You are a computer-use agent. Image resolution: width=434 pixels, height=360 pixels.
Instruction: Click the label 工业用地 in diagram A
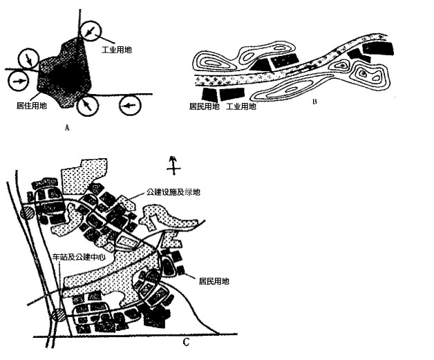(x=117, y=50)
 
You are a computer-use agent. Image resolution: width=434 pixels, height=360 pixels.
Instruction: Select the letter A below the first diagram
(x=66, y=127)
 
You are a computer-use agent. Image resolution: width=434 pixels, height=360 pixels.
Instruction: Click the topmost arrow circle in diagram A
(x=90, y=30)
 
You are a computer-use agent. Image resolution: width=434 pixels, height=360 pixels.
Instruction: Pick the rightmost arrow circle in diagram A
(x=130, y=106)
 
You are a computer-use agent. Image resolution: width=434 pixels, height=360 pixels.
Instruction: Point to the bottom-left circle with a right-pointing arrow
(x=19, y=82)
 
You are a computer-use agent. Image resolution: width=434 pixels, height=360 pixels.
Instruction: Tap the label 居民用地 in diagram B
(x=204, y=107)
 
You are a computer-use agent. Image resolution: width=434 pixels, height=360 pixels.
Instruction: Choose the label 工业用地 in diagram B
(x=242, y=107)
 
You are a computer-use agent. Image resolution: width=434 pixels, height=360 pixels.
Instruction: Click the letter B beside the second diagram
(x=315, y=102)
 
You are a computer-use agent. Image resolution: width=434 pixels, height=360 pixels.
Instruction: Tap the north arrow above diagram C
(x=174, y=165)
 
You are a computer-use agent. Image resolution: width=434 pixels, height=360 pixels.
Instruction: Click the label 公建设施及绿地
(x=176, y=193)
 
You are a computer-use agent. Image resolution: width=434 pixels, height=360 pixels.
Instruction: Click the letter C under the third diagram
(x=185, y=343)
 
